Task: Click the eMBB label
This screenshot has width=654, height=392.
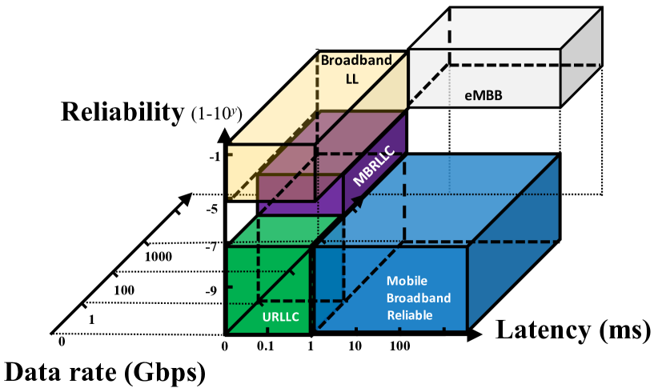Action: [x=483, y=95]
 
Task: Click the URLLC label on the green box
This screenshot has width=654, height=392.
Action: [x=280, y=317]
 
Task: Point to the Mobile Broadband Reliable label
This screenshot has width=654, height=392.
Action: [x=419, y=298]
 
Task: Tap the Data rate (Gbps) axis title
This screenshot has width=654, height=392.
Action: [x=105, y=372]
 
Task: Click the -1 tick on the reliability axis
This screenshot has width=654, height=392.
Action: [x=214, y=157]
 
